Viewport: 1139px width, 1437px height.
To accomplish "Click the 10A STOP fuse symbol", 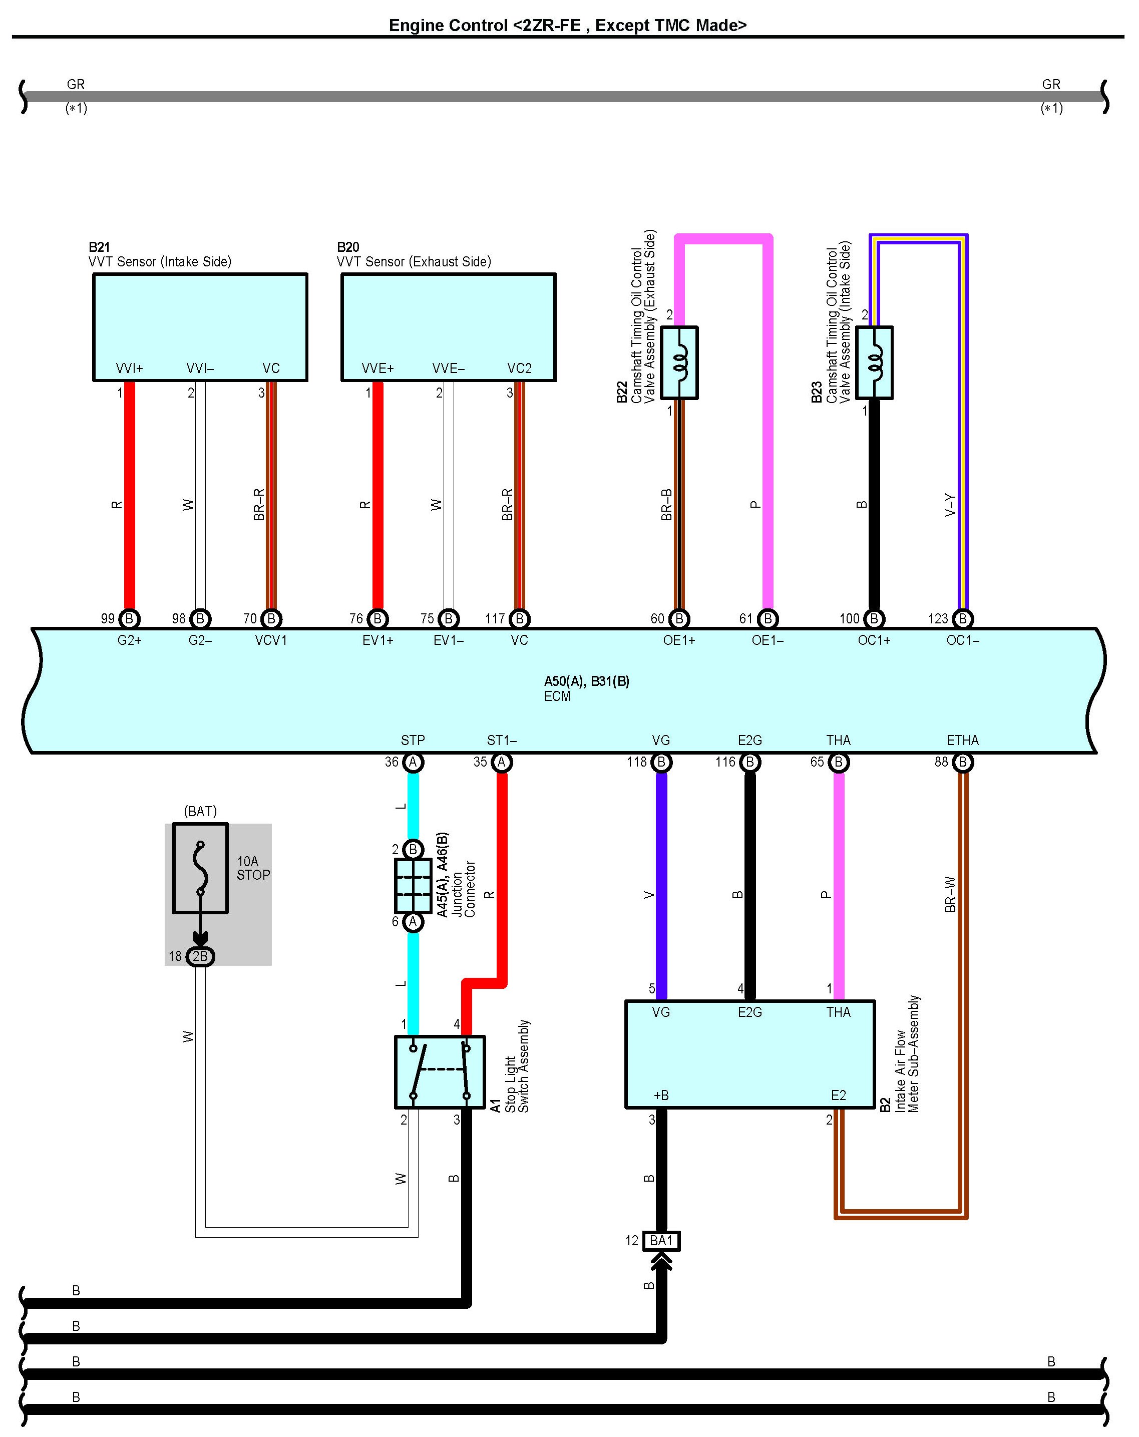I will tap(200, 868).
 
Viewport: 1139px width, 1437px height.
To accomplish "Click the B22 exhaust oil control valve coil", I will tap(679, 363).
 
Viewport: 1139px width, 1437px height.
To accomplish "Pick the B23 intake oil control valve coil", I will tap(874, 363).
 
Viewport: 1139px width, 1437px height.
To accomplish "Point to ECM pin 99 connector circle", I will tap(129, 618).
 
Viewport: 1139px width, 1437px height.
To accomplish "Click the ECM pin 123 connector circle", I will tap(962, 618).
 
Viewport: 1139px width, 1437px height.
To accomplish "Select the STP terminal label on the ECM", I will tap(413, 741).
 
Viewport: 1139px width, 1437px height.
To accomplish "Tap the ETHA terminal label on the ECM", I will tap(962, 741).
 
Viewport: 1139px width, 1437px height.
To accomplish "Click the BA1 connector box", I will tap(661, 1240).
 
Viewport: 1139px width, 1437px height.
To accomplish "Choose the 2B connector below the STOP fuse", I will tap(200, 956).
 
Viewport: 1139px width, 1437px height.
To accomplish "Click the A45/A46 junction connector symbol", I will tap(413, 886).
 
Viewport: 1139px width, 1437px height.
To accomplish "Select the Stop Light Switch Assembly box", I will tap(440, 1072).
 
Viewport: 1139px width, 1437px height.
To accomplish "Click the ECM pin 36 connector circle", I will tap(413, 762).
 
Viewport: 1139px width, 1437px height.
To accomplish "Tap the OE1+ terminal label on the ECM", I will tap(678, 640).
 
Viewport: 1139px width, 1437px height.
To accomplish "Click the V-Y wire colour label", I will tap(950, 505).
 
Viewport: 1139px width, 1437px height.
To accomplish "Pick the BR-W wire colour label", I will tap(950, 894).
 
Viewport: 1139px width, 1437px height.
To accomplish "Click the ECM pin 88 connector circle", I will tap(962, 762).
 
